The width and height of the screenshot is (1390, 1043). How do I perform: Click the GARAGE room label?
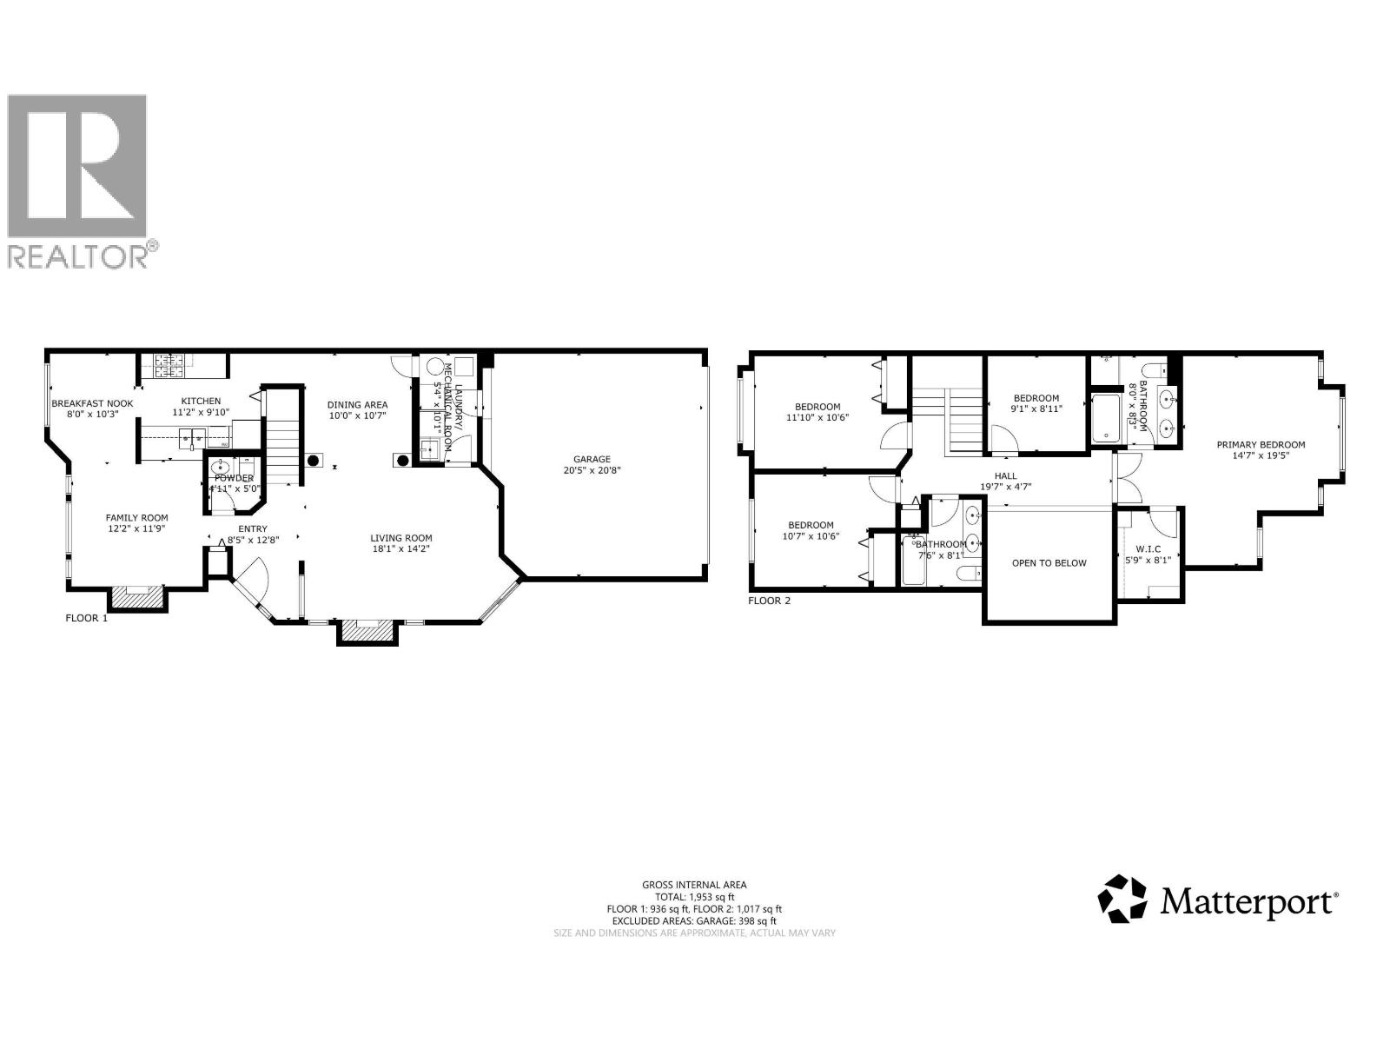pos(591,459)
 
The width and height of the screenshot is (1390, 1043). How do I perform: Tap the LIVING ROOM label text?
pos(400,537)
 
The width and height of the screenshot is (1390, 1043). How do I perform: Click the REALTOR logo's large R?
pos(77,166)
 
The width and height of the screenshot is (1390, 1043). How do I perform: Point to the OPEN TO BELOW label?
pos(1049,562)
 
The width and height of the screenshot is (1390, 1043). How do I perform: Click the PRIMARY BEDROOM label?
pos(1260,444)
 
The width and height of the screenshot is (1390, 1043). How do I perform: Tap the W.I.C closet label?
pos(1147,548)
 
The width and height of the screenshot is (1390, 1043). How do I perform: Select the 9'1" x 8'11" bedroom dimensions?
pos(1036,409)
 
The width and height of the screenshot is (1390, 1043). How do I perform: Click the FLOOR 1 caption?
pos(87,619)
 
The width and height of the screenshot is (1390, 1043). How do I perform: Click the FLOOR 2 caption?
pos(769,600)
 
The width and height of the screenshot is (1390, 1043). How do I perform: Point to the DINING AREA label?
pos(357,404)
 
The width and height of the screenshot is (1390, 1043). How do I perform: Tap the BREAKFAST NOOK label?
pos(92,403)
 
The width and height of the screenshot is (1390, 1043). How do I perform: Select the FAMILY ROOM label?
pos(137,517)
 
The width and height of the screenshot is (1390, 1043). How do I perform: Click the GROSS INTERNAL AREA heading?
pos(694,884)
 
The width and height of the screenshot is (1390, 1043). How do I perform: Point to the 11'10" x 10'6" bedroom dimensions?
pos(817,417)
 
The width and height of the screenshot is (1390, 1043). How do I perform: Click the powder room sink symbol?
pos(222,468)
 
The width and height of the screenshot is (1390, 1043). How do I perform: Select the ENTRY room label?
pos(253,528)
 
